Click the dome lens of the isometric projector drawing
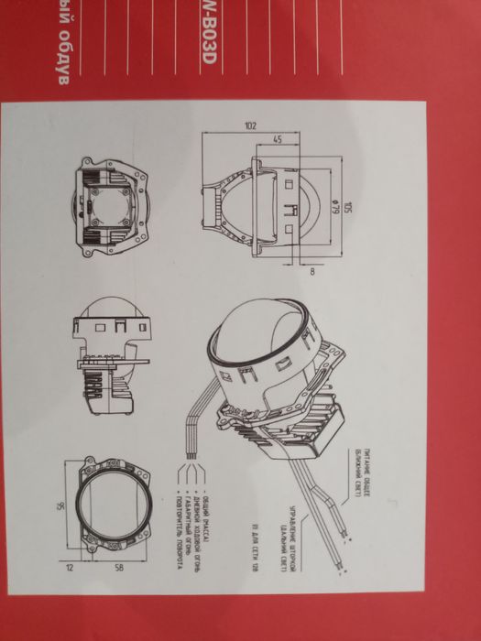[x=261, y=339]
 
